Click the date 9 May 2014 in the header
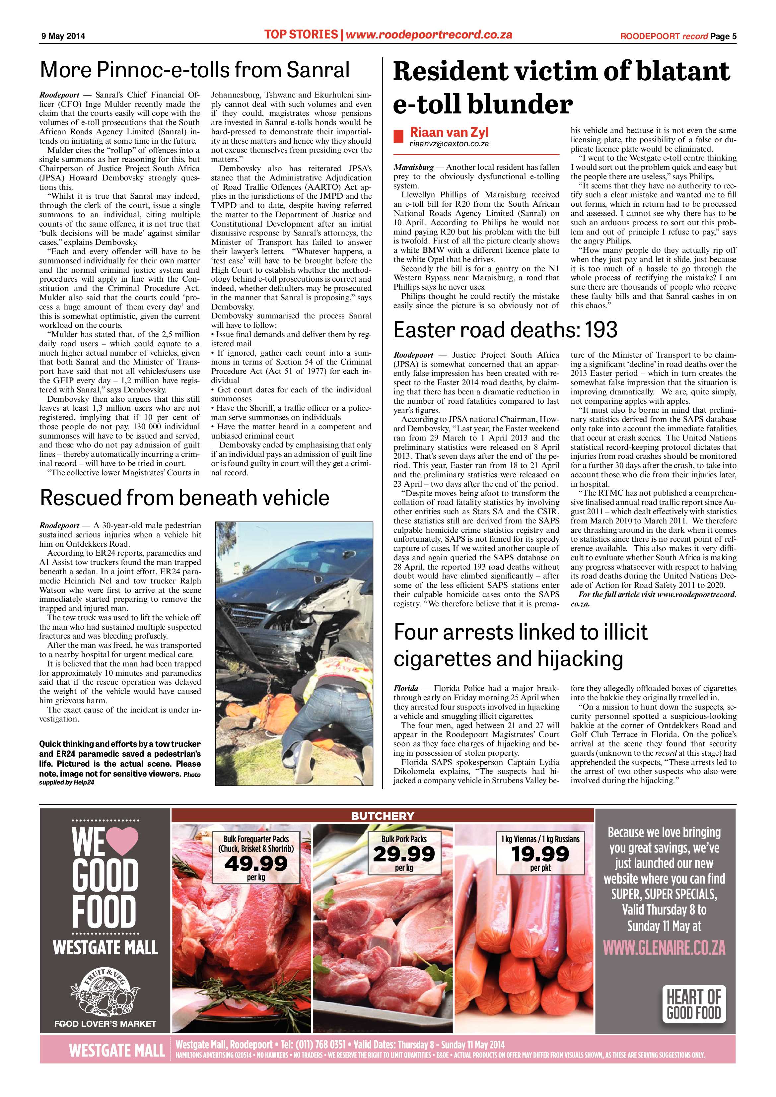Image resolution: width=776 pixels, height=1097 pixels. click(x=62, y=36)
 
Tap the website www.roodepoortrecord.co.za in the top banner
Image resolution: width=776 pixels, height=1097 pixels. click(x=429, y=34)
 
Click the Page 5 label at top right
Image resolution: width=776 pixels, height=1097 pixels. click(x=723, y=36)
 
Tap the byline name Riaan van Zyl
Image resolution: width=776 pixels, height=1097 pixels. click(x=449, y=132)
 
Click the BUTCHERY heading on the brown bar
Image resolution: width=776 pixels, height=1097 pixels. click(x=382, y=816)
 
